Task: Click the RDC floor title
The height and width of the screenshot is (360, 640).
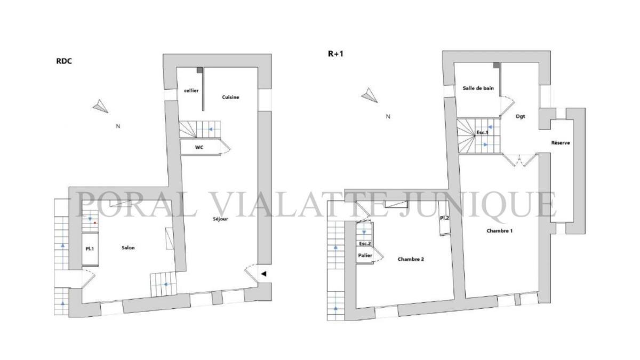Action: (x=64, y=61)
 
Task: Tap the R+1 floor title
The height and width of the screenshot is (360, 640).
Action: (x=335, y=54)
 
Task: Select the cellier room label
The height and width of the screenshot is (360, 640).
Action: (x=191, y=91)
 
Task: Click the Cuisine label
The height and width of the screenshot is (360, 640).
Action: (x=230, y=97)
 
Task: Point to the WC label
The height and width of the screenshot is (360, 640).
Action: (x=199, y=147)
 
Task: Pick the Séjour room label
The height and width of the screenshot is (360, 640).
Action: (x=221, y=219)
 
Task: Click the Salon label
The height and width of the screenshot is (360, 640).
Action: (x=128, y=247)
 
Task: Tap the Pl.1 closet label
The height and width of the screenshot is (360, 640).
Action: (x=90, y=249)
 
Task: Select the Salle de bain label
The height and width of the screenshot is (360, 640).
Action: (x=478, y=89)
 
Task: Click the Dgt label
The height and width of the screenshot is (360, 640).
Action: (x=521, y=117)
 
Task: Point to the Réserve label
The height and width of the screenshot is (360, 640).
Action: (x=561, y=142)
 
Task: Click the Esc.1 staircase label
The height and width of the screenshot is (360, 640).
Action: (x=482, y=133)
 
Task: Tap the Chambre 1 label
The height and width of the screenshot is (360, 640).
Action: (x=499, y=231)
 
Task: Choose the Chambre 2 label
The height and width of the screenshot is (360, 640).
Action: (x=411, y=259)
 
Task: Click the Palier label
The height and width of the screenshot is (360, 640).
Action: (x=365, y=255)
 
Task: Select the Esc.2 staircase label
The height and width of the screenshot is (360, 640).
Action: (x=365, y=244)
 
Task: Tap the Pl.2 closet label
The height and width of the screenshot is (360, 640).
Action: (x=444, y=218)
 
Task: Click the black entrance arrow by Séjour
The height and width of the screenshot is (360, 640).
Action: (x=263, y=274)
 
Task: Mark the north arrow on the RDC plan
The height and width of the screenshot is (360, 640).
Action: (x=100, y=106)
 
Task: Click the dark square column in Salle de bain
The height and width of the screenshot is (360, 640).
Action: (x=497, y=65)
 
